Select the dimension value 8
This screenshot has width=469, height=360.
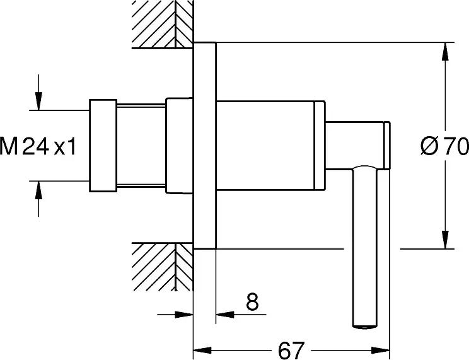(x=251, y=303)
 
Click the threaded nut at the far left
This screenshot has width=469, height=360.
(x=103, y=145)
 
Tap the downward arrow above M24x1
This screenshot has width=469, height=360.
(x=39, y=101)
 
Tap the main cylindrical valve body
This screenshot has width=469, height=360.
(x=265, y=145)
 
